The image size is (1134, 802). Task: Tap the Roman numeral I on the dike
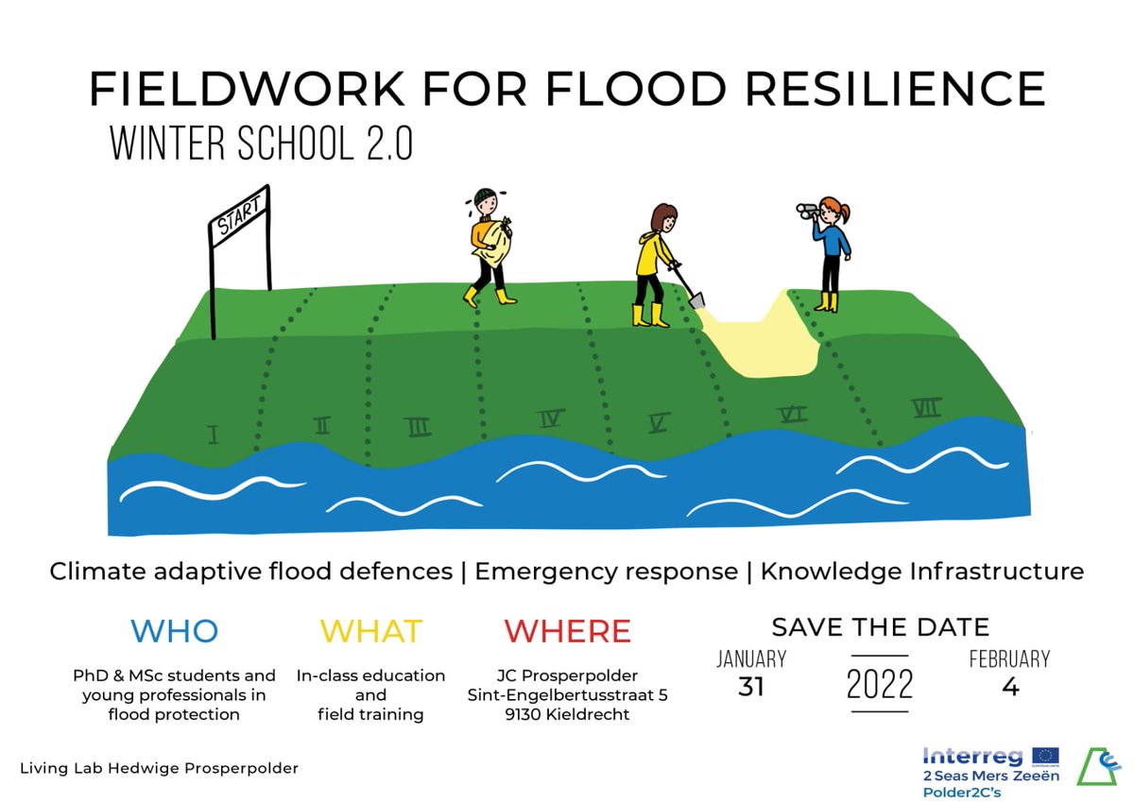(214, 435)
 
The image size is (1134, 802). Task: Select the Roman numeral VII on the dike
(926, 408)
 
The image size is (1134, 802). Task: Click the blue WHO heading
(174, 630)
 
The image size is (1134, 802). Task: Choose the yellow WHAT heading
(370, 630)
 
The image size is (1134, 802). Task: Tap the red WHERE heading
(567, 630)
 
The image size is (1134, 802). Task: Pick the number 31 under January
(750, 688)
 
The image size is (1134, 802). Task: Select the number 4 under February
(1009, 688)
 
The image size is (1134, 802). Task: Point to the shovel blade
(697, 300)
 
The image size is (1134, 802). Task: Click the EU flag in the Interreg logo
(1045, 756)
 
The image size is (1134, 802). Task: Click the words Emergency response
(606, 572)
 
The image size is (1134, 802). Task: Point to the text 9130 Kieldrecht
(567, 715)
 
